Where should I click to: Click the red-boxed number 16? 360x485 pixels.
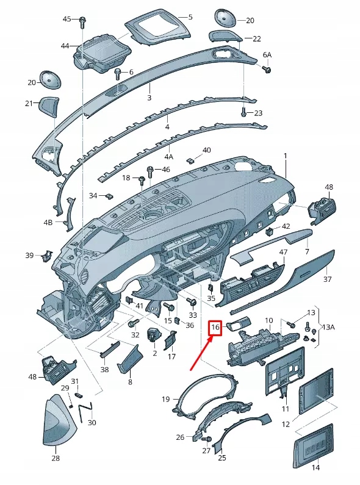215,328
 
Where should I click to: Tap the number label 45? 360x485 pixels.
67,20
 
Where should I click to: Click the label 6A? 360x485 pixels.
267,55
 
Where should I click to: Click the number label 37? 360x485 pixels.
328,279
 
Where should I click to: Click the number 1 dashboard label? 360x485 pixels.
284,156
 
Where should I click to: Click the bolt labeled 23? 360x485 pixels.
243,112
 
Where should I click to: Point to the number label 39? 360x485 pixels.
29,255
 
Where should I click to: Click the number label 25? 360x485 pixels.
221,458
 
